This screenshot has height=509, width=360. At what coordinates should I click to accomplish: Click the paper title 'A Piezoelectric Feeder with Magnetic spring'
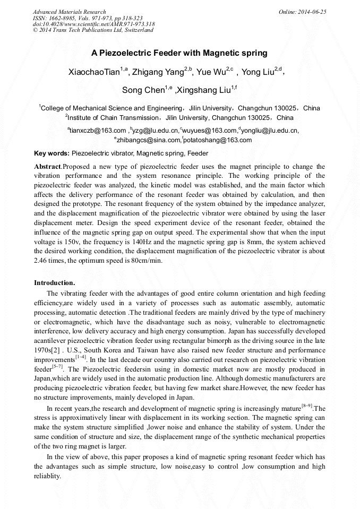[x=179, y=53]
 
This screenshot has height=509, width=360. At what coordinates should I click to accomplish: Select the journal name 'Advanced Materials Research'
[x=69, y=12]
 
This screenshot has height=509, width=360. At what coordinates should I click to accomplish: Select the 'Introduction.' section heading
[x=55, y=282]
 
